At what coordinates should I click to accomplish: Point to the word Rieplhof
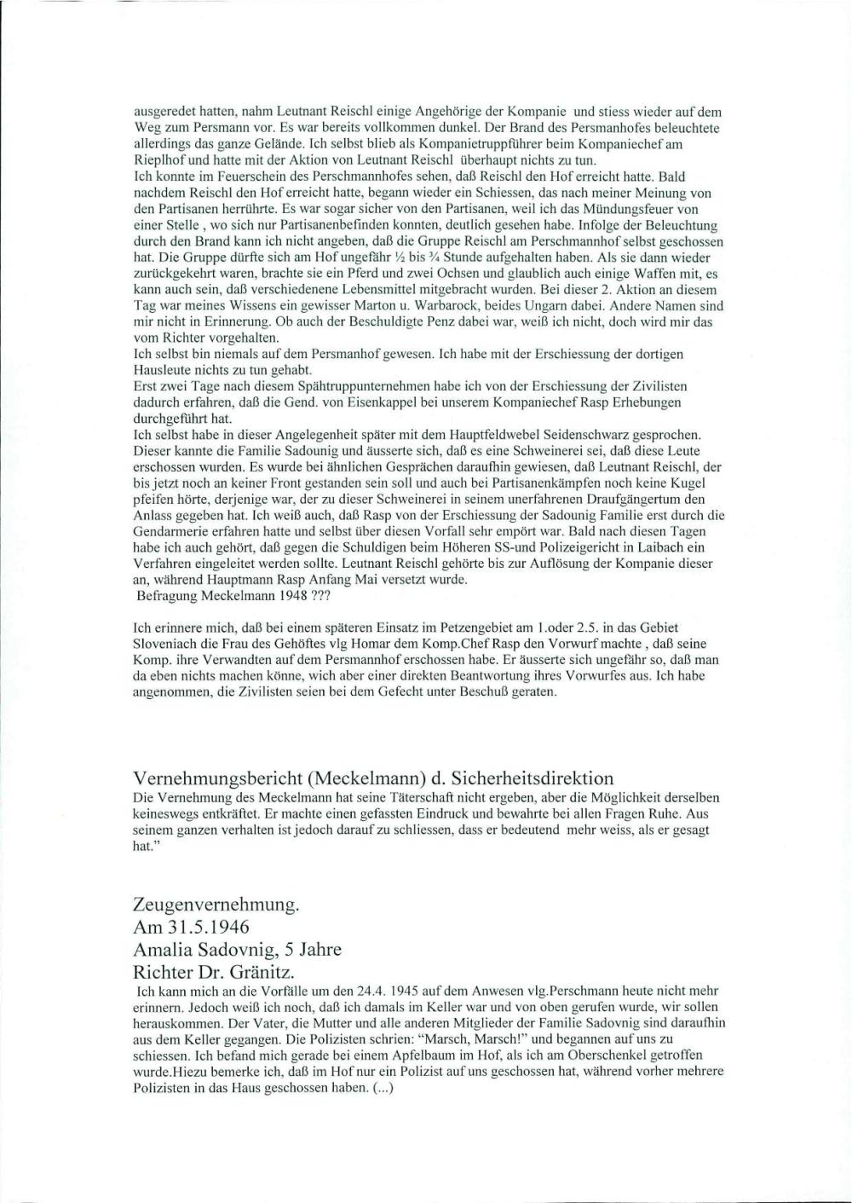pos(158,159)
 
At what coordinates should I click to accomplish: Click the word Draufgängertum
pos(625,499)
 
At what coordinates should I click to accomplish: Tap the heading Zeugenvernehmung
pos(216,905)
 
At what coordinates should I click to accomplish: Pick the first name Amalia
pos(166,949)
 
